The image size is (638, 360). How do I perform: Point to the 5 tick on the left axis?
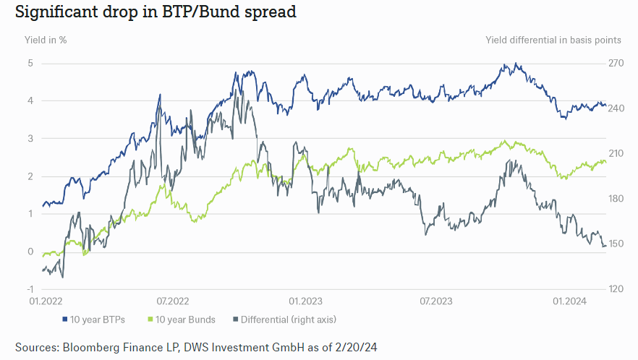pyautogui.click(x=31, y=63)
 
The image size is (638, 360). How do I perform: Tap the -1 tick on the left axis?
pyautogui.click(x=30, y=289)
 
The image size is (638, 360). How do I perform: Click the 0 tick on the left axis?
pyautogui.click(x=31, y=252)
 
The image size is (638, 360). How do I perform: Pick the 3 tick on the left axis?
pyautogui.click(x=31, y=138)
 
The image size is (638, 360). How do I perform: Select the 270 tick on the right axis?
pyautogui.click(x=615, y=63)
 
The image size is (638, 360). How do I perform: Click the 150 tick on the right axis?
pyautogui.click(x=615, y=244)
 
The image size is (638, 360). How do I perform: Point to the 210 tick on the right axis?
pyautogui.click(x=615, y=153)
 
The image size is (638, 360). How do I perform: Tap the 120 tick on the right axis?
pyautogui.click(x=615, y=289)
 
